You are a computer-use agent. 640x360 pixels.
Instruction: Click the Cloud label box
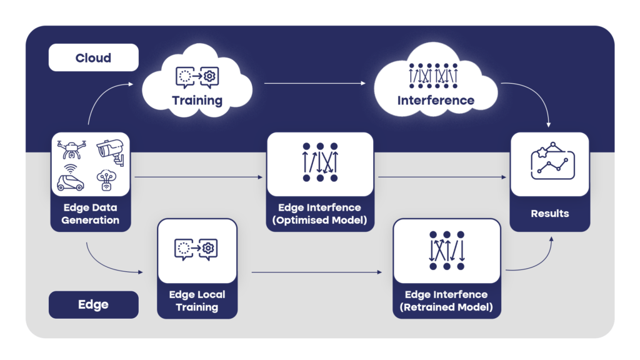(x=93, y=58)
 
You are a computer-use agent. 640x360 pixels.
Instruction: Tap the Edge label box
(x=93, y=305)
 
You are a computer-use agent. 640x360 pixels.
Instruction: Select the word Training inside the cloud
(x=197, y=100)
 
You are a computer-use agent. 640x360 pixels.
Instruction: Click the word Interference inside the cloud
(x=436, y=100)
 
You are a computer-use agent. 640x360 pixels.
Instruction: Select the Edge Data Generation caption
(x=91, y=214)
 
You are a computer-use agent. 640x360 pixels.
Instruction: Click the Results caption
(x=550, y=213)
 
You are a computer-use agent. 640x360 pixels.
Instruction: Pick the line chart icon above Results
(x=550, y=163)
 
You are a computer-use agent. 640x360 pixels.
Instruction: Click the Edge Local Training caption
(x=197, y=301)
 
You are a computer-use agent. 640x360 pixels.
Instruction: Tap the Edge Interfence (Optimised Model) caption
(x=320, y=214)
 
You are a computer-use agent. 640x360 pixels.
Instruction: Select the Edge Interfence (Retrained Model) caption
(x=446, y=301)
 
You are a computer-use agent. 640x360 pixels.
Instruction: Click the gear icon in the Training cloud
(x=210, y=76)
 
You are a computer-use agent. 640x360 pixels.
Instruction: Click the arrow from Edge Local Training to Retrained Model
(x=316, y=272)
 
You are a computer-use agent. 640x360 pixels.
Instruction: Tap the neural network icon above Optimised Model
(x=320, y=162)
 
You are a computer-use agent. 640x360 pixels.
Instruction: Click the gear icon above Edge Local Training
(x=209, y=249)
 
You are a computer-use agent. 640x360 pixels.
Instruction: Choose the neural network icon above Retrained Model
(x=446, y=250)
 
